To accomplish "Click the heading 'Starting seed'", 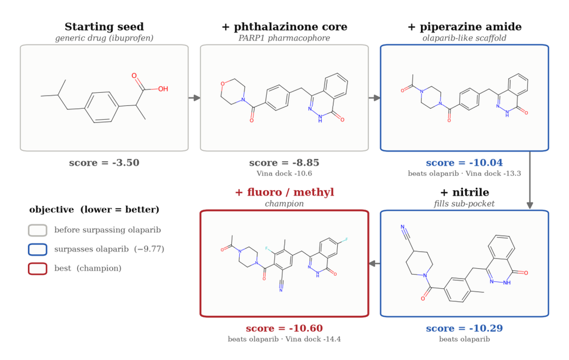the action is click(x=104, y=27).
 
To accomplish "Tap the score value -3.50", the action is click(x=125, y=162).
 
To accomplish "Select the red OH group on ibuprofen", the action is click(x=163, y=89).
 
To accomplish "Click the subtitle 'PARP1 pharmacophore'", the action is click(x=284, y=38).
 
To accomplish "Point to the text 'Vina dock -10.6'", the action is click(x=284, y=174).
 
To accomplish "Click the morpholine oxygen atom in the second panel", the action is click(x=223, y=84).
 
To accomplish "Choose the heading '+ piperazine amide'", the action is click(x=465, y=27).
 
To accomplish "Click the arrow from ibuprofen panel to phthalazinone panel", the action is click(x=194, y=98).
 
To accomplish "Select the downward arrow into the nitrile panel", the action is click(x=530, y=181).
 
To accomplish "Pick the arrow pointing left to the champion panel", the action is click(x=375, y=264).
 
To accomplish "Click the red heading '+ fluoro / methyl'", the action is click(x=285, y=193).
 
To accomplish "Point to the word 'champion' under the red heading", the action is click(x=285, y=203).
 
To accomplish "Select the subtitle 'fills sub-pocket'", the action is click(x=465, y=203).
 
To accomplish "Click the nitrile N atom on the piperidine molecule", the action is click(x=403, y=227).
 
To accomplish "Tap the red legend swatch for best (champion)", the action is click(x=38, y=268).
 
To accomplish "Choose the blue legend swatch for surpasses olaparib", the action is click(x=38, y=249).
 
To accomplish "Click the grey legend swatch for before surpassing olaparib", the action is click(x=38, y=230).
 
